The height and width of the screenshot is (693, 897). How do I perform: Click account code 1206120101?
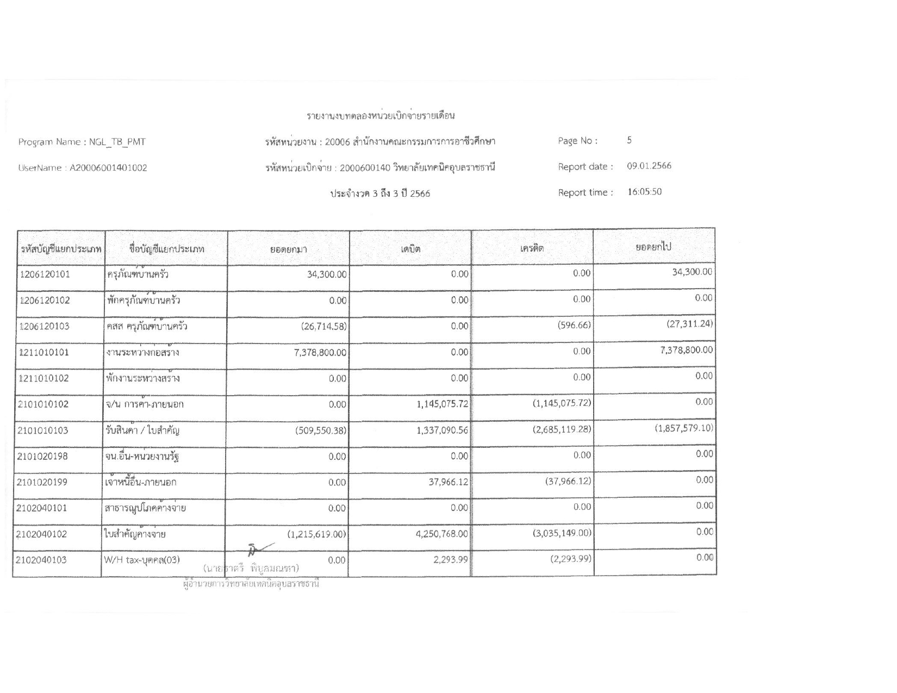pyautogui.click(x=45, y=274)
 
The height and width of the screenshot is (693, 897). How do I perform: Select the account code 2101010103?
pyautogui.click(x=43, y=430)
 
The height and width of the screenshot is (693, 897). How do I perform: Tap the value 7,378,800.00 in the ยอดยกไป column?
pyautogui.click(x=686, y=350)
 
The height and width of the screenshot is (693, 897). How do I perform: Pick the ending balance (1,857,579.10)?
pyautogui.click(x=684, y=428)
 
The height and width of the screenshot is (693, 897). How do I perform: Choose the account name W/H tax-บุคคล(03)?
pyautogui.click(x=142, y=560)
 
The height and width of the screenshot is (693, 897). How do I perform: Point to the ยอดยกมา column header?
pyautogui.click(x=289, y=249)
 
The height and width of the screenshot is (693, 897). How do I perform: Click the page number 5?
pyautogui.click(x=630, y=140)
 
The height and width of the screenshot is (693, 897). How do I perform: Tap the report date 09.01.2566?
pyautogui.click(x=649, y=166)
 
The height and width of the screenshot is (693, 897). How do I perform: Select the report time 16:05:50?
pyautogui.click(x=644, y=192)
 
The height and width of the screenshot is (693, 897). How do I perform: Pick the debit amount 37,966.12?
pyautogui.click(x=448, y=482)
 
